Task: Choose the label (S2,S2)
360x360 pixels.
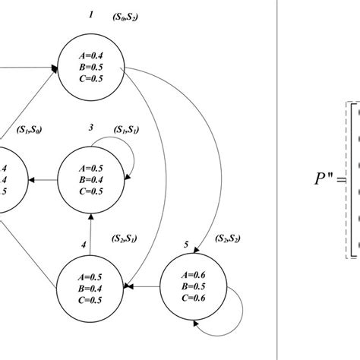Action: click(228, 239)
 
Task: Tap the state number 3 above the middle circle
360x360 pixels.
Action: click(90, 128)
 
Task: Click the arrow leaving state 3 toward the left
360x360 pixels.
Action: click(43, 181)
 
